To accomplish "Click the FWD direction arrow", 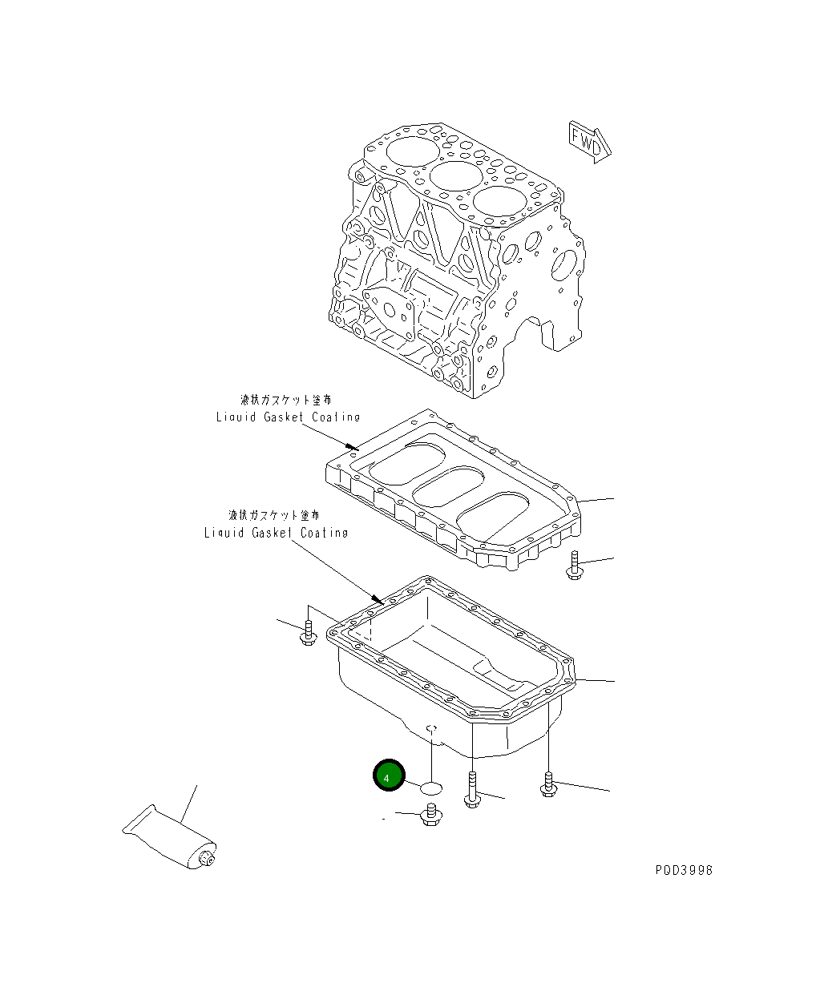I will tap(590, 142).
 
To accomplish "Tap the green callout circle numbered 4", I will tap(389, 775).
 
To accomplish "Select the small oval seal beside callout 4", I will tap(431, 789).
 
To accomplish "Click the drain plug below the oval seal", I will tap(430, 816).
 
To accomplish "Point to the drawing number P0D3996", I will tap(683, 870).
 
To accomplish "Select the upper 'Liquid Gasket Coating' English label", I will tap(288, 417).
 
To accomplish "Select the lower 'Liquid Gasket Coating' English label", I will tap(276, 532).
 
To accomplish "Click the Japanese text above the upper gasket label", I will tap(286, 399).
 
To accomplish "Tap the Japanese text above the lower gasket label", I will tap(274, 515).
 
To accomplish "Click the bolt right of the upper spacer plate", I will tap(573, 566).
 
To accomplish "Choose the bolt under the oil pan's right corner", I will tap(548, 784).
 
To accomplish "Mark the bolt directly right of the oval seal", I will tap(472, 790).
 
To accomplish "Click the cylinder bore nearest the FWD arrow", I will tap(503, 204).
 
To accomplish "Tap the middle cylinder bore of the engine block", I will tap(455, 176).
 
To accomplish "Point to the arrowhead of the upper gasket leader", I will tap(352, 445).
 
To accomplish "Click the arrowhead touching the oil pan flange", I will tap(378, 598).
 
